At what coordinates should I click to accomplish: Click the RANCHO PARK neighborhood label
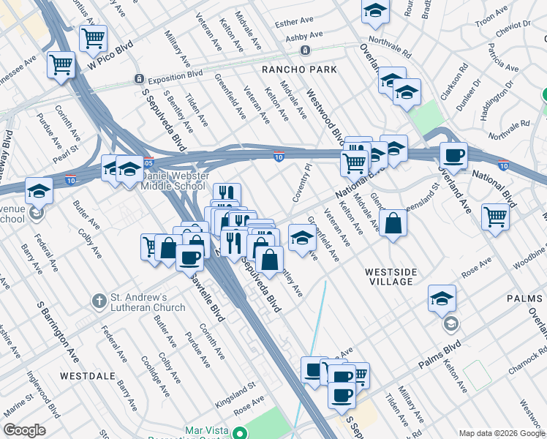[300, 70]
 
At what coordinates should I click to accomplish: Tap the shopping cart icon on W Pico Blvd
[93, 38]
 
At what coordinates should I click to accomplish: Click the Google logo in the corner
[25, 430]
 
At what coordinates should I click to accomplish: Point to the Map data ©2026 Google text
[501, 432]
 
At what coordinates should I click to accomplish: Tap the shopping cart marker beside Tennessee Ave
[61, 64]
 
